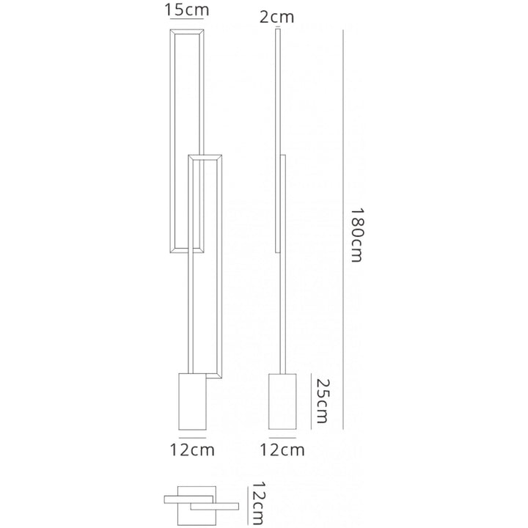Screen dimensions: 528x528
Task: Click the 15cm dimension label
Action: [x=187, y=10]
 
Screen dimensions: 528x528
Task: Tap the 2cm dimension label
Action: [x=276, y=15]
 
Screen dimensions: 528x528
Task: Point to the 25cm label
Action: [x=320, y=400]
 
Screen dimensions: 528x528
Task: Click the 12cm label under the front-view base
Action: [x=192, y=450]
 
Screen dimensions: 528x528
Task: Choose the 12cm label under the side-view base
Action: [x=282, y=450]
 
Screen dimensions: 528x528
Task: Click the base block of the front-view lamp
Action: [x=192, y=403]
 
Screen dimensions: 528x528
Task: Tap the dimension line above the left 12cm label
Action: [x=192, y=438]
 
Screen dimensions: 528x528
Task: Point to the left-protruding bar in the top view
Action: [x=176, y=498]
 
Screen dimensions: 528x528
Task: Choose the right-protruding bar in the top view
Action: [x=220, y=505]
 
